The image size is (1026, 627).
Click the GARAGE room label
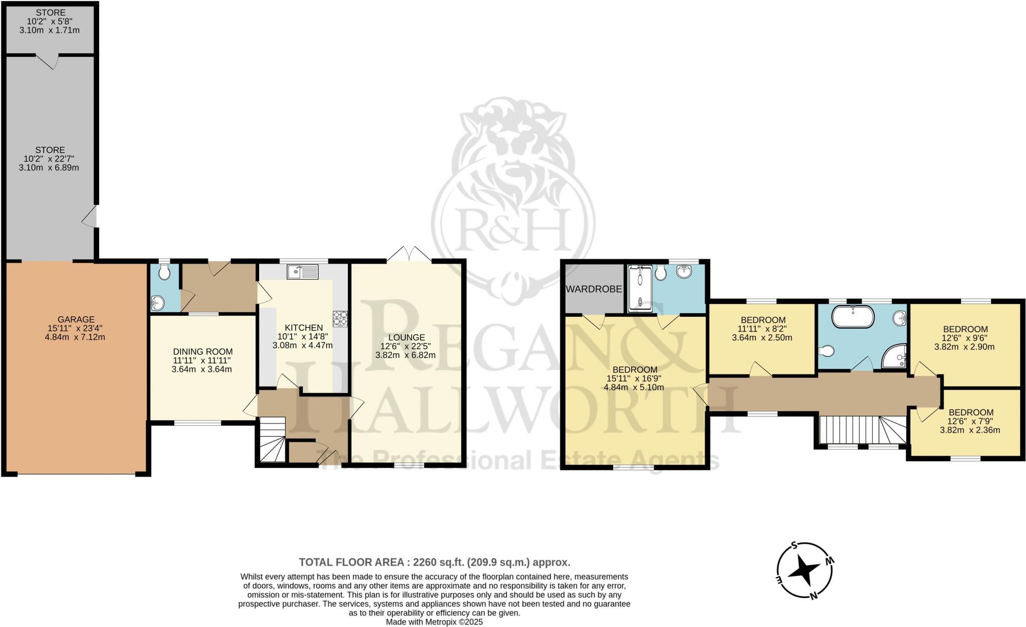[76, 319]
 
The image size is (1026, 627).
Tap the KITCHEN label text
[303, 328]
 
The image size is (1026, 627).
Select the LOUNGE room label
[406, 337]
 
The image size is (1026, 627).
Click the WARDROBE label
[594, 289]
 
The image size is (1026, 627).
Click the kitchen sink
[303, 272]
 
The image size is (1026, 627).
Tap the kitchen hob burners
[340, 319]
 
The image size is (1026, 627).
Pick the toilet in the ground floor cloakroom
[163, 272]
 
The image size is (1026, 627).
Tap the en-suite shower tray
[640, 288]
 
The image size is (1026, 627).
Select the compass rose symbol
[806, 570]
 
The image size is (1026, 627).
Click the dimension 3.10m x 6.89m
[49, 168]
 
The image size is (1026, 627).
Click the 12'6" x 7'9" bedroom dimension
[970, 422]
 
